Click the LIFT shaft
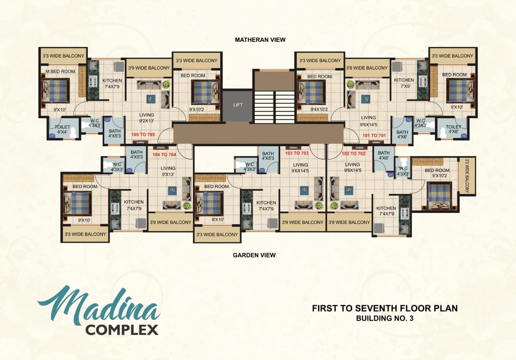tap(237, 105)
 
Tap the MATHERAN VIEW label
tap(260, 40)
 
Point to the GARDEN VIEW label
tap(254, 255)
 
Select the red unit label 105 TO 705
tap(143, 135)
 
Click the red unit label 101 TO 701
tap(374, 135)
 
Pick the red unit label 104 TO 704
tap(164, 154)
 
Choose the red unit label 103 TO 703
tap(297, 153)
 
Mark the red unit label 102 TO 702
tap(354, 154)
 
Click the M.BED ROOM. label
tap(61, 72)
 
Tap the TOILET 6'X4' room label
tap(62, 129)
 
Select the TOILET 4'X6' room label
tap(454, 129)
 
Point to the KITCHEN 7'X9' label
tap(404, 83)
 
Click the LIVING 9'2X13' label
tap(146, 118)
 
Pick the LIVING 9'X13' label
tap(168, 171)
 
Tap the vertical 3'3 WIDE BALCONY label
tap(467, 176)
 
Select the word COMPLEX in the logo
tap(122, 330)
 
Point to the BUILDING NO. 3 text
tap(385, 318)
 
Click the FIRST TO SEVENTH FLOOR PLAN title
tap(385, 308)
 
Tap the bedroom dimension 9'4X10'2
tap(319, 110)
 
